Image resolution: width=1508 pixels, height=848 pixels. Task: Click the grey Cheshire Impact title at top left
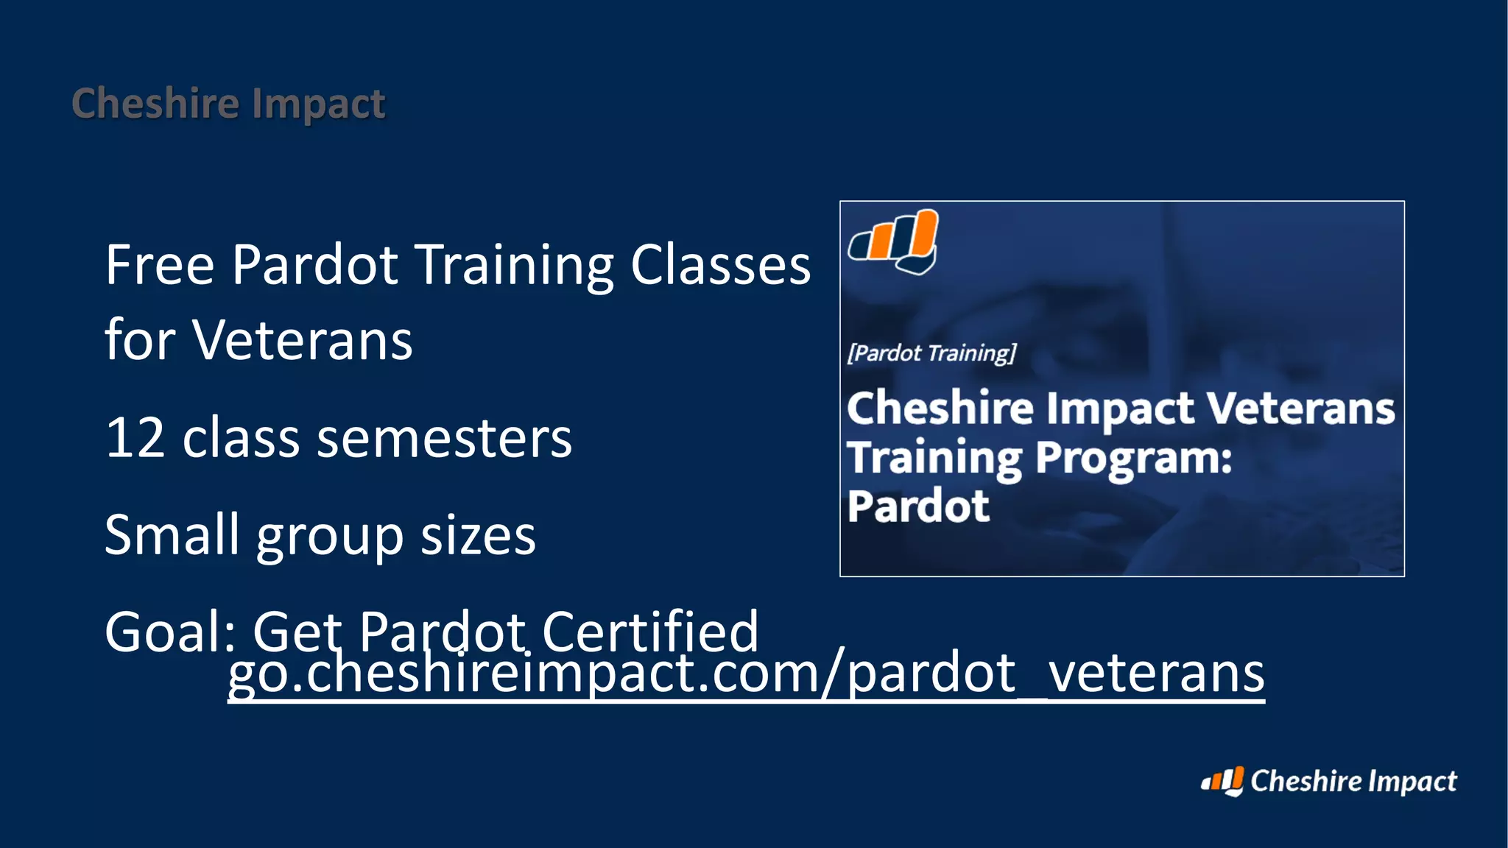point(228,103)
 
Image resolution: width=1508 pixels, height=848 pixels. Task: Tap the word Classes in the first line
point(720,265)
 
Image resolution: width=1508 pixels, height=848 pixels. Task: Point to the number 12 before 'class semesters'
point(135,438)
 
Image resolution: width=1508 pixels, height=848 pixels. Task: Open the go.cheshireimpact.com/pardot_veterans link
point(745,673)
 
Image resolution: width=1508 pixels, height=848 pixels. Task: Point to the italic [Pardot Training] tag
point(931,353)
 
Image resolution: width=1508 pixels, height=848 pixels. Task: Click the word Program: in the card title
point(1134,459)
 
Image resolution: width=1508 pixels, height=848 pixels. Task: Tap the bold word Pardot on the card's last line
point(917,506)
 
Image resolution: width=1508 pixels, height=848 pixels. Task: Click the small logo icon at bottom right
point(1222,781)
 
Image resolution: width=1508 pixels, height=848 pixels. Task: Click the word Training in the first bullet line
point(515,266)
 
